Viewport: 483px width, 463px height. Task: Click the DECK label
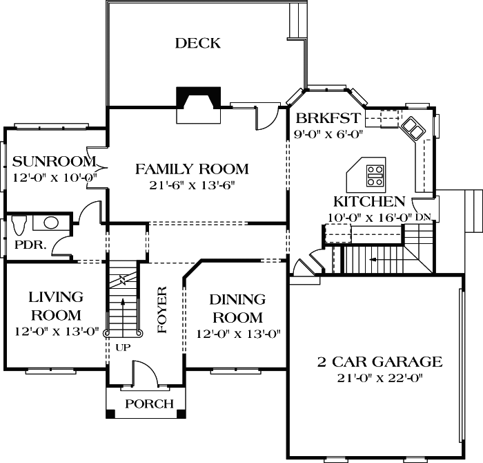[197, 44]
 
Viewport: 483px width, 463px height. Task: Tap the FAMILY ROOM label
[191, 169]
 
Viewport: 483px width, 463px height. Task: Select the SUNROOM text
[54, 162]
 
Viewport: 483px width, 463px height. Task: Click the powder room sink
[50, 223]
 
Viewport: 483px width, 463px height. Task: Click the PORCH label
[150, 404]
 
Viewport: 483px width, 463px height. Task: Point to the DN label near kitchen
[423, 217]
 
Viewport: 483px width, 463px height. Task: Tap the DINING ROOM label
[237, 308]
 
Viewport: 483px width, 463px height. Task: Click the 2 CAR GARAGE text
[379, 361]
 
